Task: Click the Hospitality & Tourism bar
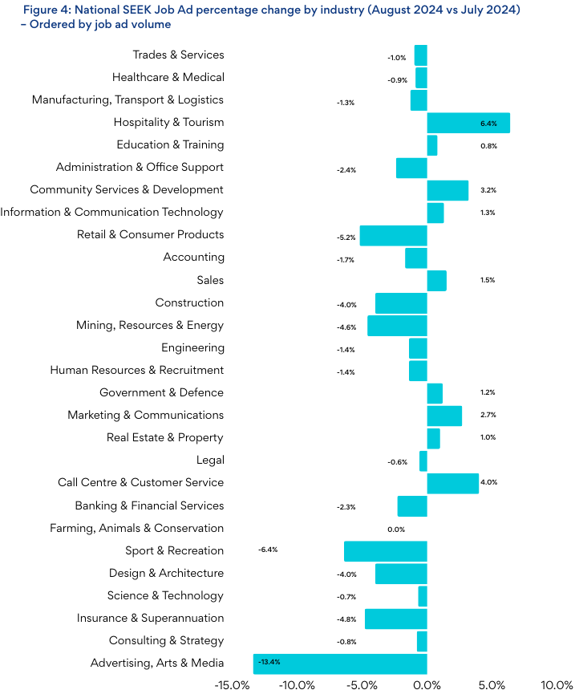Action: [468, 123]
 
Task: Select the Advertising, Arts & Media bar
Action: [340, 664]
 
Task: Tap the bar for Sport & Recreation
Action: [385, 551]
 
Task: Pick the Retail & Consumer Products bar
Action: [393, 235]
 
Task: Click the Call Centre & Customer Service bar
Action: [452, 483]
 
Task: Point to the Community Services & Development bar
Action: [447, 190]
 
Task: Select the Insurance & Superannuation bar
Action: [395, 619]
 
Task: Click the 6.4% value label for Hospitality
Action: [488, 124]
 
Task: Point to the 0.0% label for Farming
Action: [396, 530]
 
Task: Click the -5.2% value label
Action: [346, 237]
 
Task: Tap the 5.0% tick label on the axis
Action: [492, 684]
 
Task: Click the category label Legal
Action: [210, 461]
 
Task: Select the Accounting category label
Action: [193, 258]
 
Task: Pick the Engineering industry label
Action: [192, 348]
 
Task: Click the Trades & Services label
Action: [178, 55]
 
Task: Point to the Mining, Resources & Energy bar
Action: [397, 326]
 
